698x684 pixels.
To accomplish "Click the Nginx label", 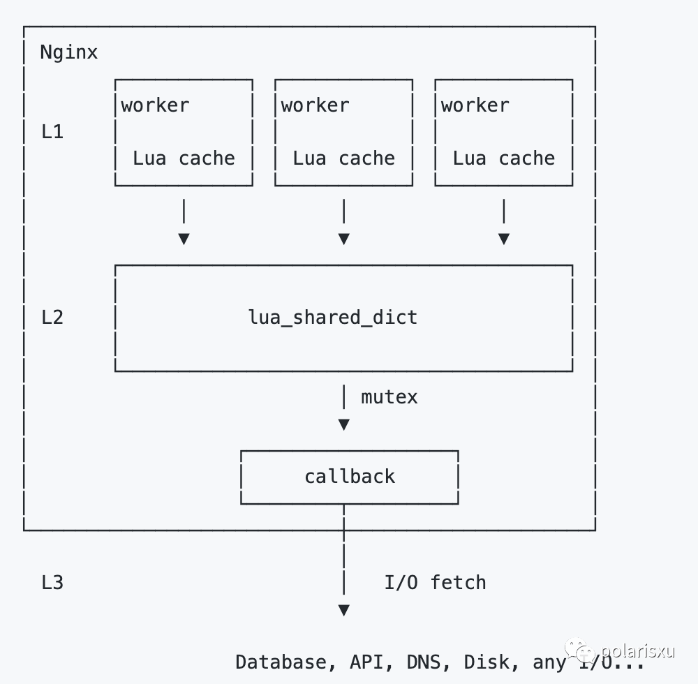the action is point(68,52).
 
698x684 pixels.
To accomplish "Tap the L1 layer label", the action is point(52,132).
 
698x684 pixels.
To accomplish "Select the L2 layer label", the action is point(52,318).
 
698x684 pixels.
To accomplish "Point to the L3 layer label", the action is point(52,583).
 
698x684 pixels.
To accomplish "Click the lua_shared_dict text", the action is point(333,318).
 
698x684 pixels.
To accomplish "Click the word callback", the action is point(350,477).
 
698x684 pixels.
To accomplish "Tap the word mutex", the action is point(389,397).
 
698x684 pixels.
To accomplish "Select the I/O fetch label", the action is point(435,583).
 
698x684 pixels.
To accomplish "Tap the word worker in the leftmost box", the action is point(155,105).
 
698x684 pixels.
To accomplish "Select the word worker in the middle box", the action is point(315,105).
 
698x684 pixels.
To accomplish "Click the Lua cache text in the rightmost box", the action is point(504,158).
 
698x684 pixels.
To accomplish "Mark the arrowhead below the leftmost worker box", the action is point(184,239).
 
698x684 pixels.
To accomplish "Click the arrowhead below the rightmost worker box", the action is point(504,239).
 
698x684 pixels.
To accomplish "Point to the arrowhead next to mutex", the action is point(343,424).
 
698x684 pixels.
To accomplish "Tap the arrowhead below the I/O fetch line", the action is point(343,610).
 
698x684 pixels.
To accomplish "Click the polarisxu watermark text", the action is point(637,651).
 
